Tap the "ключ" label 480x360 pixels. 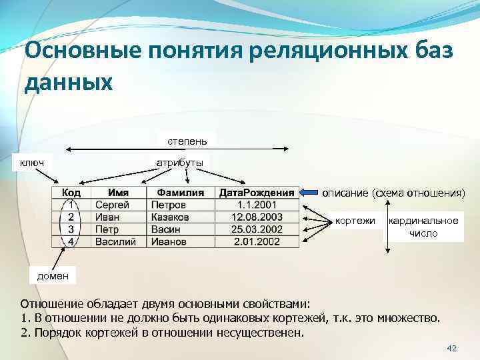[x=31, y=162]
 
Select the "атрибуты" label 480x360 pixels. [x=180, y=162]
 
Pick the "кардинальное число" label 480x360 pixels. [x=423, y=227]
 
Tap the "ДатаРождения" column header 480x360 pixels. [x=257, y=193]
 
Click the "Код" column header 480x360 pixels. [x=71, y=193]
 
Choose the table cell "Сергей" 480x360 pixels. [x=113, y=205]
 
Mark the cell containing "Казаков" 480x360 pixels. [x=171, y=217]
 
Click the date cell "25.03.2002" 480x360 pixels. [x=257, y=229]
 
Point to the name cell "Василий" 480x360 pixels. [x=115, y=241]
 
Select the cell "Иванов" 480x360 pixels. [x=169, y=241]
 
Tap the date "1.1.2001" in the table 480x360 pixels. [x=257, y=205]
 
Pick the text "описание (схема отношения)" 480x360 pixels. [x=393, y=193]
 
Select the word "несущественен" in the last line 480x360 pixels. [x=265, y=332]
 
